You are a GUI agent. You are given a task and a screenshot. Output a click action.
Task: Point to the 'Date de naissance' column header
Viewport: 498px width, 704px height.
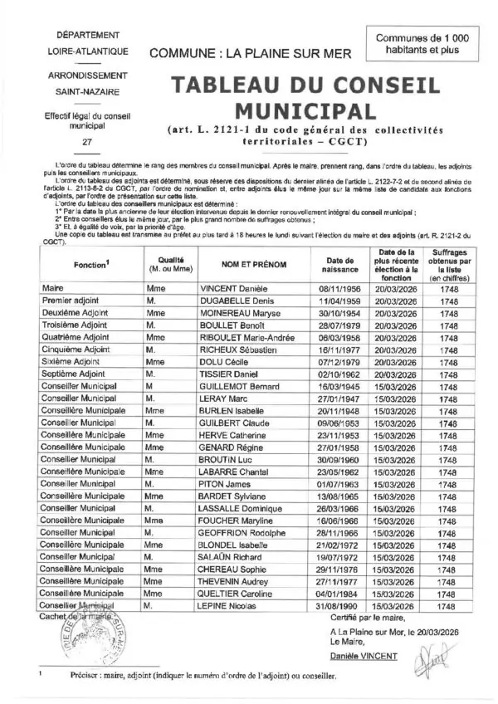click(x=337, y=264)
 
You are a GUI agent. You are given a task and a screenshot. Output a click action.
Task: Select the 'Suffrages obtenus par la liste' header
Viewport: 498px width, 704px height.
click(x=448, y=264)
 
